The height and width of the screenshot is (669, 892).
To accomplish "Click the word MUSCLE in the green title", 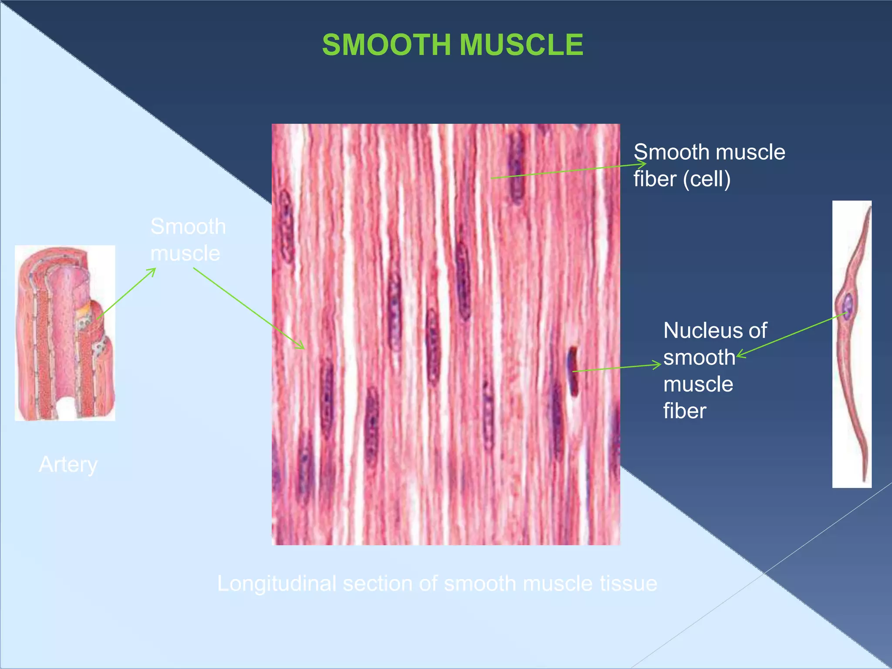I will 521,45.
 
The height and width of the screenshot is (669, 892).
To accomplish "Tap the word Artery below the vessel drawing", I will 68,464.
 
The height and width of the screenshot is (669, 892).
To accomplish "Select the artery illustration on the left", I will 65,333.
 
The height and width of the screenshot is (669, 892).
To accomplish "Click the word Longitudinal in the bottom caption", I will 277,584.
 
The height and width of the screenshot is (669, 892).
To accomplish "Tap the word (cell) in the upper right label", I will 706,179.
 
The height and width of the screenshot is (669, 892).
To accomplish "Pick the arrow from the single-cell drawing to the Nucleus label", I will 791,335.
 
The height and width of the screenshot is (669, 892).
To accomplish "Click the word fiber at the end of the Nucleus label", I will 685,411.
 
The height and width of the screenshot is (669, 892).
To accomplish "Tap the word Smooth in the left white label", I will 188,226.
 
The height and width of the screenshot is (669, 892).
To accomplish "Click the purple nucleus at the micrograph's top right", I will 517,168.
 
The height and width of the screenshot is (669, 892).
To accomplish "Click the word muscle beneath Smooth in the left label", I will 185,253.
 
